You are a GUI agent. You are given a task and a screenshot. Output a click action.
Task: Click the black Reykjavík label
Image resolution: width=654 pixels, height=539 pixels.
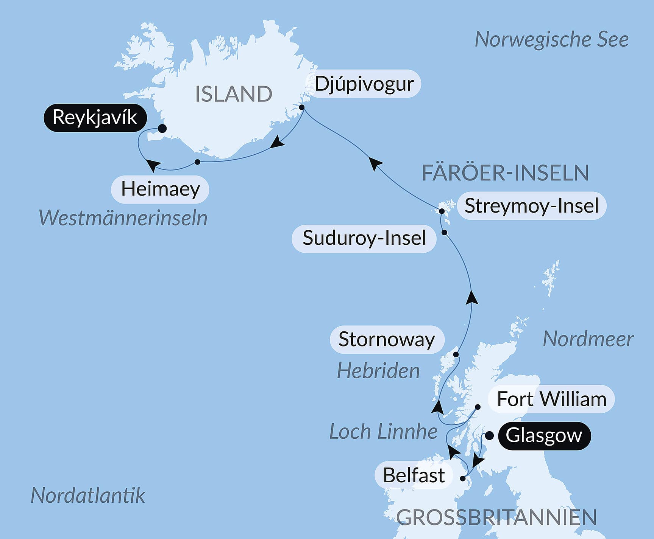(x=95, y=117)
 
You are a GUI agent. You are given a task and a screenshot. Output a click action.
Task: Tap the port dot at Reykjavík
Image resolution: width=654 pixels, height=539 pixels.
(x=162, y=129)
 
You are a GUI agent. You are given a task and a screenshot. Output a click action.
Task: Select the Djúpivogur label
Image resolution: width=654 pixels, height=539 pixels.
(x=364, y=84)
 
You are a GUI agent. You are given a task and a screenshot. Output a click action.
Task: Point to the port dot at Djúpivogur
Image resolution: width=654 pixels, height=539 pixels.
(x=302, y=107)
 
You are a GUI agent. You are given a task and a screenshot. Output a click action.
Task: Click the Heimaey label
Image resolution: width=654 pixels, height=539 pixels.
(x=160, y=189)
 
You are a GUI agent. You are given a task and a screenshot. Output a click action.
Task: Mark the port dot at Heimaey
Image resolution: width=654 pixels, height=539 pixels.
(x=197, y=162)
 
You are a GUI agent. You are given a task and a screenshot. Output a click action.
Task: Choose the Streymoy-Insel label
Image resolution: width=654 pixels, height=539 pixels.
(x=531, y=206)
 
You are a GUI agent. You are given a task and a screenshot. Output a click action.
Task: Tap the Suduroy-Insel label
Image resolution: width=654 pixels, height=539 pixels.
(x=364, y=238)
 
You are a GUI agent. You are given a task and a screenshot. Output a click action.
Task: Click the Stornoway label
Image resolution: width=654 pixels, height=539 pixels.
(x=386, y=339)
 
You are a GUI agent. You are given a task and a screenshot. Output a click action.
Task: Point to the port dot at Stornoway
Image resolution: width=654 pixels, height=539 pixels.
(x=456, y=355)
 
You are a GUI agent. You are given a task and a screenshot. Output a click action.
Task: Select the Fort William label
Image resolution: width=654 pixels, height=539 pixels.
(x=551, y=399)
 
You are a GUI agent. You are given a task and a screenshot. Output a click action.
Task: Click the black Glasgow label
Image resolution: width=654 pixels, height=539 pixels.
(x=543, y=435)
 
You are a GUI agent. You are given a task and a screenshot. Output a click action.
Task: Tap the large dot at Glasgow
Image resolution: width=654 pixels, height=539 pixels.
(x=489, y=436)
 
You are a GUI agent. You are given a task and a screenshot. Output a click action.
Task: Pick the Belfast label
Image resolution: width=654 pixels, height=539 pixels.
(x=414, y=475)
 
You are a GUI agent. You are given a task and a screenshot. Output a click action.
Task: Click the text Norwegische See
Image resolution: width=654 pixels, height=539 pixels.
(x=551, y=39)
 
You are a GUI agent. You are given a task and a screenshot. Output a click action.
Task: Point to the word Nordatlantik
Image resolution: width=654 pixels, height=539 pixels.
(x=88, y=495)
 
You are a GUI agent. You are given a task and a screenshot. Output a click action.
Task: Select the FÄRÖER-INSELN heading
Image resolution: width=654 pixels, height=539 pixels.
(x=505, y=173)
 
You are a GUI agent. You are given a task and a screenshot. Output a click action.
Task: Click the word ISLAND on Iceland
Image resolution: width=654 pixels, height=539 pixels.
(x=233, y=94)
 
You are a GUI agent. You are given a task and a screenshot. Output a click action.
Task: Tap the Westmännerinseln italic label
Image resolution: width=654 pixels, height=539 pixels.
(x=123, y=218)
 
